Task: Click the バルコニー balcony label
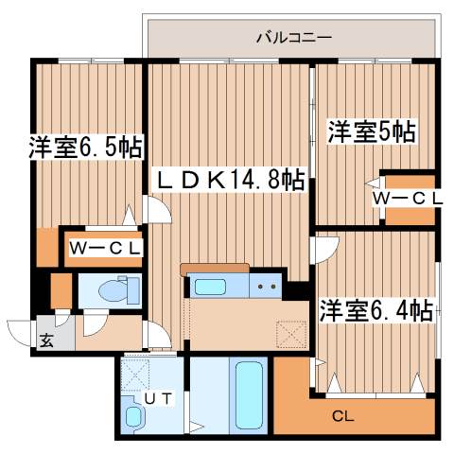(x=294, y=39)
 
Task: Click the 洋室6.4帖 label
(x=375, y=309)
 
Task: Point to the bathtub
(x=250, y=395)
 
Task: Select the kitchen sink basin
(x=205, y=287)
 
